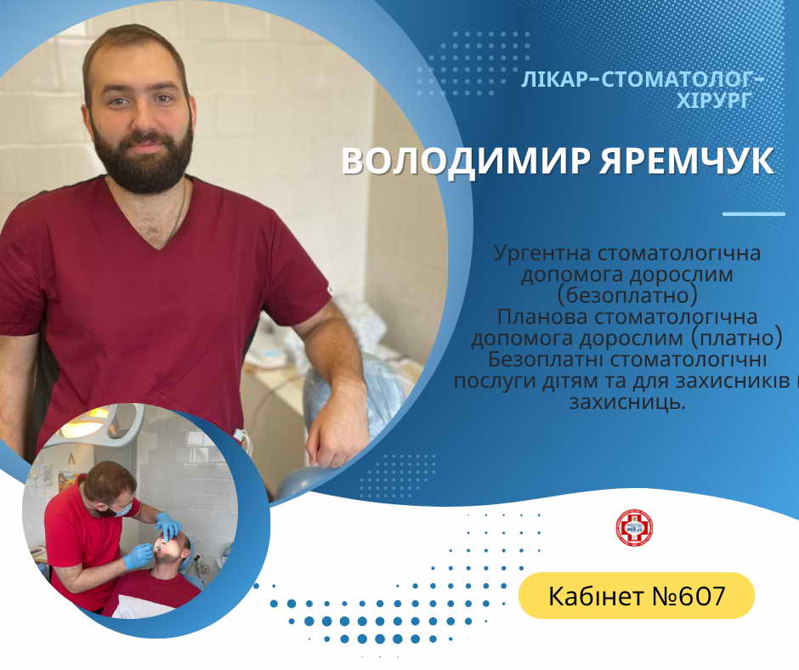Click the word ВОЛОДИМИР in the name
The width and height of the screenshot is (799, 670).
click(x=466, y=162)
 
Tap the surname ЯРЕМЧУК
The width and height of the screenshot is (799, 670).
click(x=687, y=162)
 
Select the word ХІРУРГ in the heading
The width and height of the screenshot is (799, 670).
click(x=714, y=100)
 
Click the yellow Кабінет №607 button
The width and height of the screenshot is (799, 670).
click(x=637, y=595)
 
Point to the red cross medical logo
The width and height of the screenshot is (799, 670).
click(x=634, y=528)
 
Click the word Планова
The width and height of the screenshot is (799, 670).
click(x=542, y=317)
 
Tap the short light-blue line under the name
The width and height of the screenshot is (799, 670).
click(x=754, y=213)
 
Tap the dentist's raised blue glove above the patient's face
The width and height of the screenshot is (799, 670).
click(x=168, y=526)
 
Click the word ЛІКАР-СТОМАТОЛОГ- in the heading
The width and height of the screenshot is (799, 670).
click(x=643, y=80)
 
